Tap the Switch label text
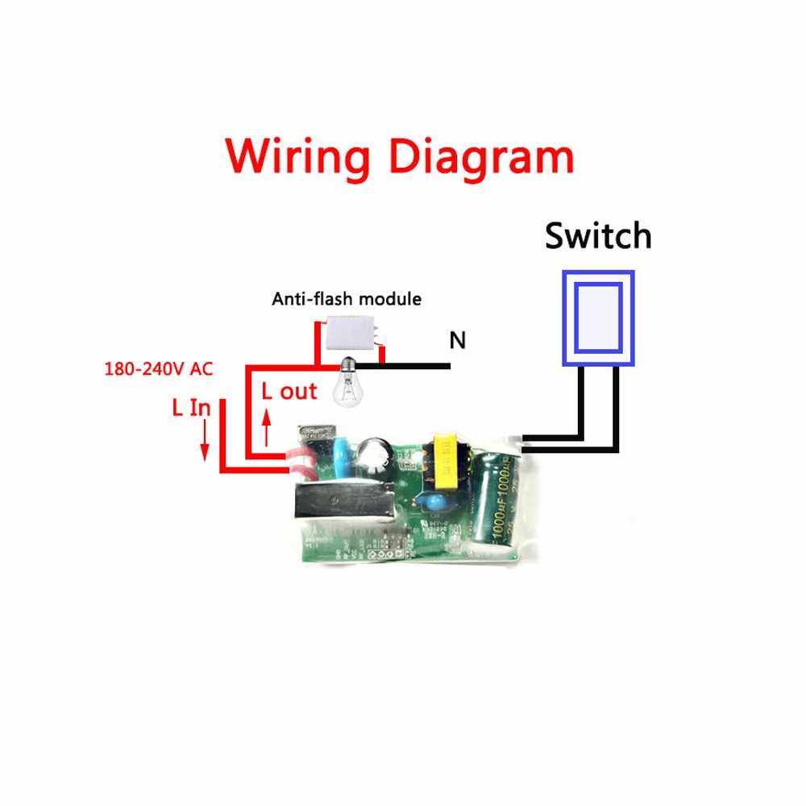597,236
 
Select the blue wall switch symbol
599,317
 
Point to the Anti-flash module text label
347,299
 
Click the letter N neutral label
458,341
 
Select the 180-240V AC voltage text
158,369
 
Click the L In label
191,408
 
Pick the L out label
290,392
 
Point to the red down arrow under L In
205,441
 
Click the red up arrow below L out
268,430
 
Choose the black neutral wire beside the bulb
407,366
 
